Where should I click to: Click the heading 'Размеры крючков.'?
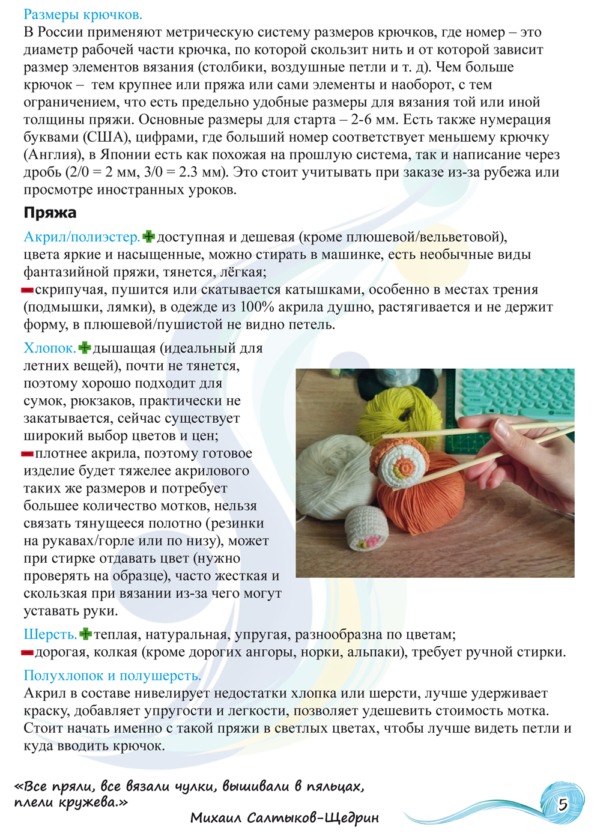[x=83, y=14]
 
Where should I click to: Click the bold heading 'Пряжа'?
[x=50, y=213]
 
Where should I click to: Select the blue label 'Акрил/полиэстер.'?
[x=82, y=237]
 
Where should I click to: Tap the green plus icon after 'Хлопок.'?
[x=85, y=348]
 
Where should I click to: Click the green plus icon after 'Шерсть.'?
[x=86, y=634]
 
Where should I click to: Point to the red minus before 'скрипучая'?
[x=27, y=290]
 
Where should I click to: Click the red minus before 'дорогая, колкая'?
[x=27, y=652]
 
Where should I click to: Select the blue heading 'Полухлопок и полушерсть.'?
[x=112, y=676]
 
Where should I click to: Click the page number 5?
[x=563, y=804]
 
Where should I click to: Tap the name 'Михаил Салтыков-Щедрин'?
[x=284, y=818]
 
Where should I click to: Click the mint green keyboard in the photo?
[x=517, y=390]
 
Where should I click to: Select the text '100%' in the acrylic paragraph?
[x=257, y=307]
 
